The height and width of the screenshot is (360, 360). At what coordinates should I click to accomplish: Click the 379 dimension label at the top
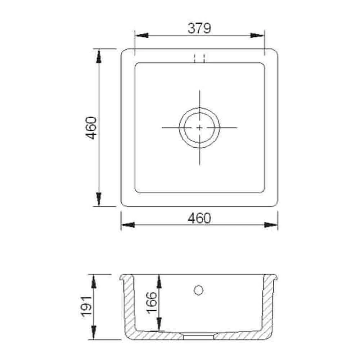[199, 28]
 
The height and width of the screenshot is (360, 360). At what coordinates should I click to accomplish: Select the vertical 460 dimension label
[91, 128]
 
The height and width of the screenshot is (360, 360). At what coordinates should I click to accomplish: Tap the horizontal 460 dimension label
[199, 218]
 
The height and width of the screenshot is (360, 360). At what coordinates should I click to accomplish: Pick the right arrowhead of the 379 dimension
[258, 36]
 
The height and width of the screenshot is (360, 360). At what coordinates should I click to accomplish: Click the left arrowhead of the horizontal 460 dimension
[127, 225]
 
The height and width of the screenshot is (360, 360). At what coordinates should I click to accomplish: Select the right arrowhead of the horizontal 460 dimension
[271, 225]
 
